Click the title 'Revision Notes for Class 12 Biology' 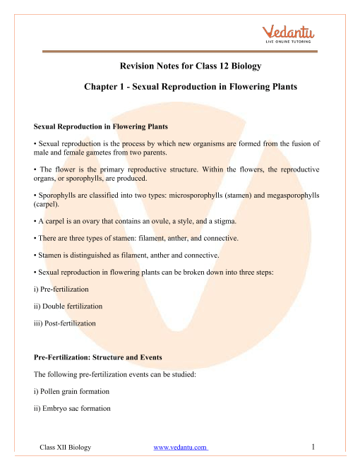(179, 67)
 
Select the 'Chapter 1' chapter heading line (179, 88)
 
